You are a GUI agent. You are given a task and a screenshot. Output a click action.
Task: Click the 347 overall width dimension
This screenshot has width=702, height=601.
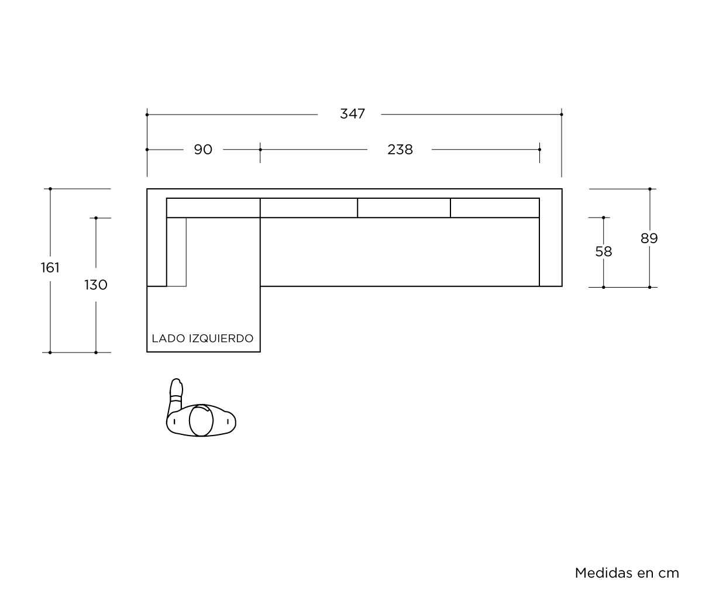click(x=352, y=113)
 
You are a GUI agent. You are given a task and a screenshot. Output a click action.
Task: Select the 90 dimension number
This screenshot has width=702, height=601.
click(x=203, y=149)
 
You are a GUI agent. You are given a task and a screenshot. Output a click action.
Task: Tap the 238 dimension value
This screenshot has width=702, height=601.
click(x=400, y=149)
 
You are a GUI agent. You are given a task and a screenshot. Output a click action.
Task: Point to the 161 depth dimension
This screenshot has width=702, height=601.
click(x=50, y=268)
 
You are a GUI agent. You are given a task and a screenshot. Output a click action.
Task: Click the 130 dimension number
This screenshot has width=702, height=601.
click(x=96, y=285)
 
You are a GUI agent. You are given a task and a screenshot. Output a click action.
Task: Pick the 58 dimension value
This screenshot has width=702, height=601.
click(x=604, y=251)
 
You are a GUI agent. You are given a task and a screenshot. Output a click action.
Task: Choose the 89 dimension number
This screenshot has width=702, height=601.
click(x=649, y=239)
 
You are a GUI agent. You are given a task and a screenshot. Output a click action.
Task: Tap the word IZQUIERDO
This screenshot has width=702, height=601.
click(x=221, y=339)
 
